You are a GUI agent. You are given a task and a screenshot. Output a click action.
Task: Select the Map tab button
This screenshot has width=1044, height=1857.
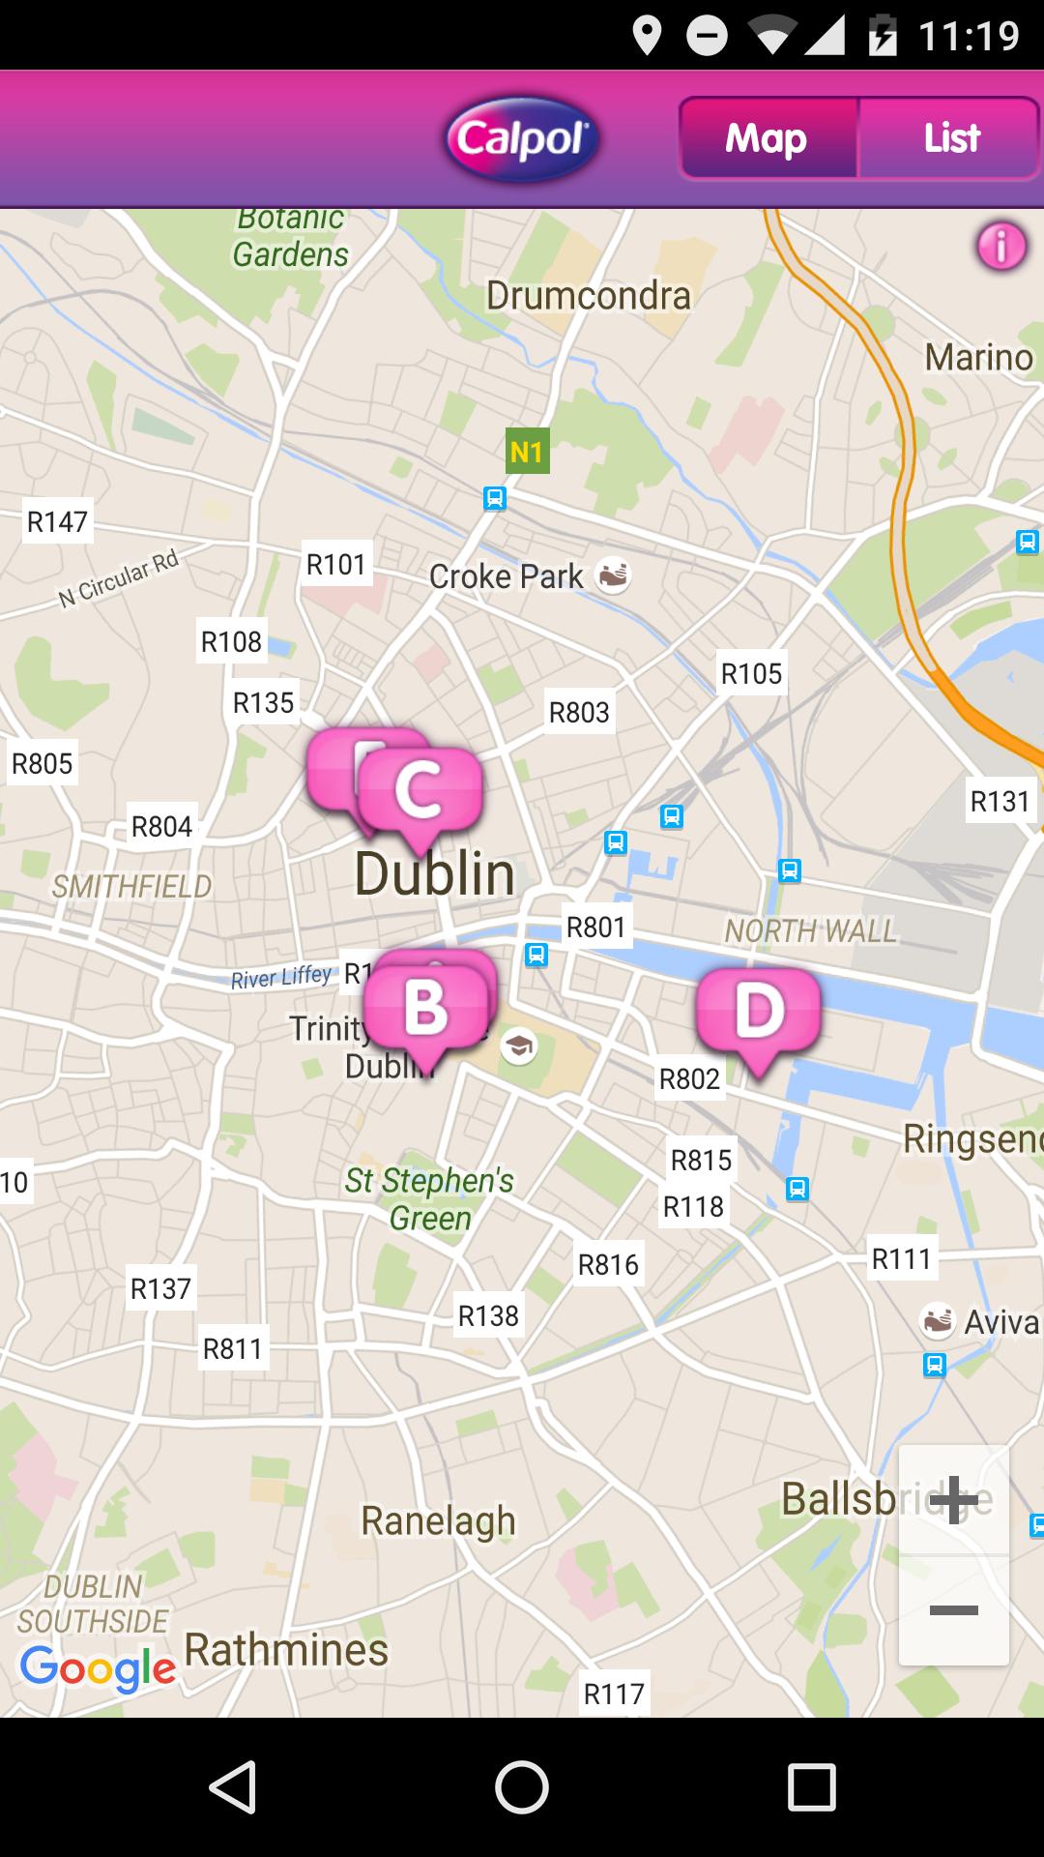(768, 138)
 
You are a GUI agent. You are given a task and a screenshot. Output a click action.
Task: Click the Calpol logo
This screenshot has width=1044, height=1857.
(522, 139)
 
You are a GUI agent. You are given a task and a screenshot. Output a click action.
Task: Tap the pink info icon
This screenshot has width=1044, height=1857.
(1001, 246)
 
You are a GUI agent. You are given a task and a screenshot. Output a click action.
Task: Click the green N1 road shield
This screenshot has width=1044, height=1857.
(527, 451)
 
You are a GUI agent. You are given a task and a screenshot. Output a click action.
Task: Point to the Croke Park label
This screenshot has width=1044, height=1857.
(506, 576)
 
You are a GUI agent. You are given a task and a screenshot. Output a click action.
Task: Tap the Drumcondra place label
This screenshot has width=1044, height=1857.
(588, 296)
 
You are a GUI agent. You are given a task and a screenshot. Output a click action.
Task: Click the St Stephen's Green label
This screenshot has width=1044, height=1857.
(430, 1198)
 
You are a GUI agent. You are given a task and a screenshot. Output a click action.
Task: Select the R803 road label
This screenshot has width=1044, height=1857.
(579, 713)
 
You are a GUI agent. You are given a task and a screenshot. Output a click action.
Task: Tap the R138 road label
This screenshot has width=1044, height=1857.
(488, 1315)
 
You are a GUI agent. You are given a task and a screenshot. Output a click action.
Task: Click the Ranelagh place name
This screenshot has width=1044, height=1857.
(438, 1520)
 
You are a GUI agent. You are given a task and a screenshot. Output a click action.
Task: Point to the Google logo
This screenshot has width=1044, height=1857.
(97, 1667)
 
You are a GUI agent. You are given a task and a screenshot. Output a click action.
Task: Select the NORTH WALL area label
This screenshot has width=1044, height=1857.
(810, 930)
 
